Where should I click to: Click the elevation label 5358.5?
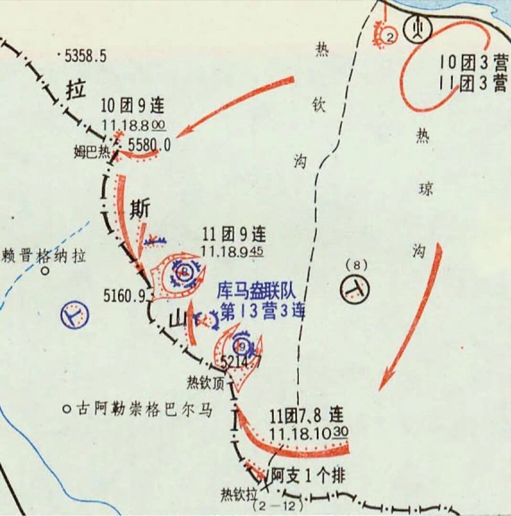click(85, 56)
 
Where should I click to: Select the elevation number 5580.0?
click(150, 145)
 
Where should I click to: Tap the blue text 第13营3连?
click(262, 311)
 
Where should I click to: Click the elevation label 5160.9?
click(125, 295)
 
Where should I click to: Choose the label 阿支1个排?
click(309, 476)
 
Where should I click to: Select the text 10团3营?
click(473, 63)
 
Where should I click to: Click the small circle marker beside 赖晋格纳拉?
click(45, 271)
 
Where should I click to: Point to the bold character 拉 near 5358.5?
click(75, 91)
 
